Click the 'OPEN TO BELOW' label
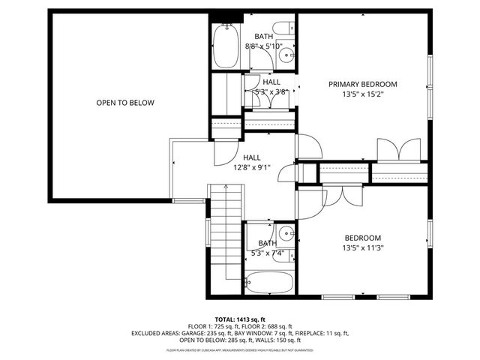pyautogui.click(x=125, y=103)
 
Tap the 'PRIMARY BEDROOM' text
pyautogui.click(x=363, y=84)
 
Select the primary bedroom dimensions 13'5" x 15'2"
pyautogui.click(x=363, y=94)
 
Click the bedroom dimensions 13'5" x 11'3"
pyautogui.click(x=363, y=247)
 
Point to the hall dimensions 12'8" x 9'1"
pyautogui.click(x=251, y=168)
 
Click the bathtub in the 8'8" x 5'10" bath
pyautogui.click(x=225, y=46)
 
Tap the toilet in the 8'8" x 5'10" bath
pyautogui.click(x=284, y=29)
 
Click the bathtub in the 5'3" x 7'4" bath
pyautogui.click(x=269, y=283)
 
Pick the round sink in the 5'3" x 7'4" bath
pyautogui.click(x=285, y=232)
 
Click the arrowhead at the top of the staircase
pyautogui.click(x=227, y=188)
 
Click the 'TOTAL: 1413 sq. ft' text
pyautogui.click(x=240, y=319)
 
